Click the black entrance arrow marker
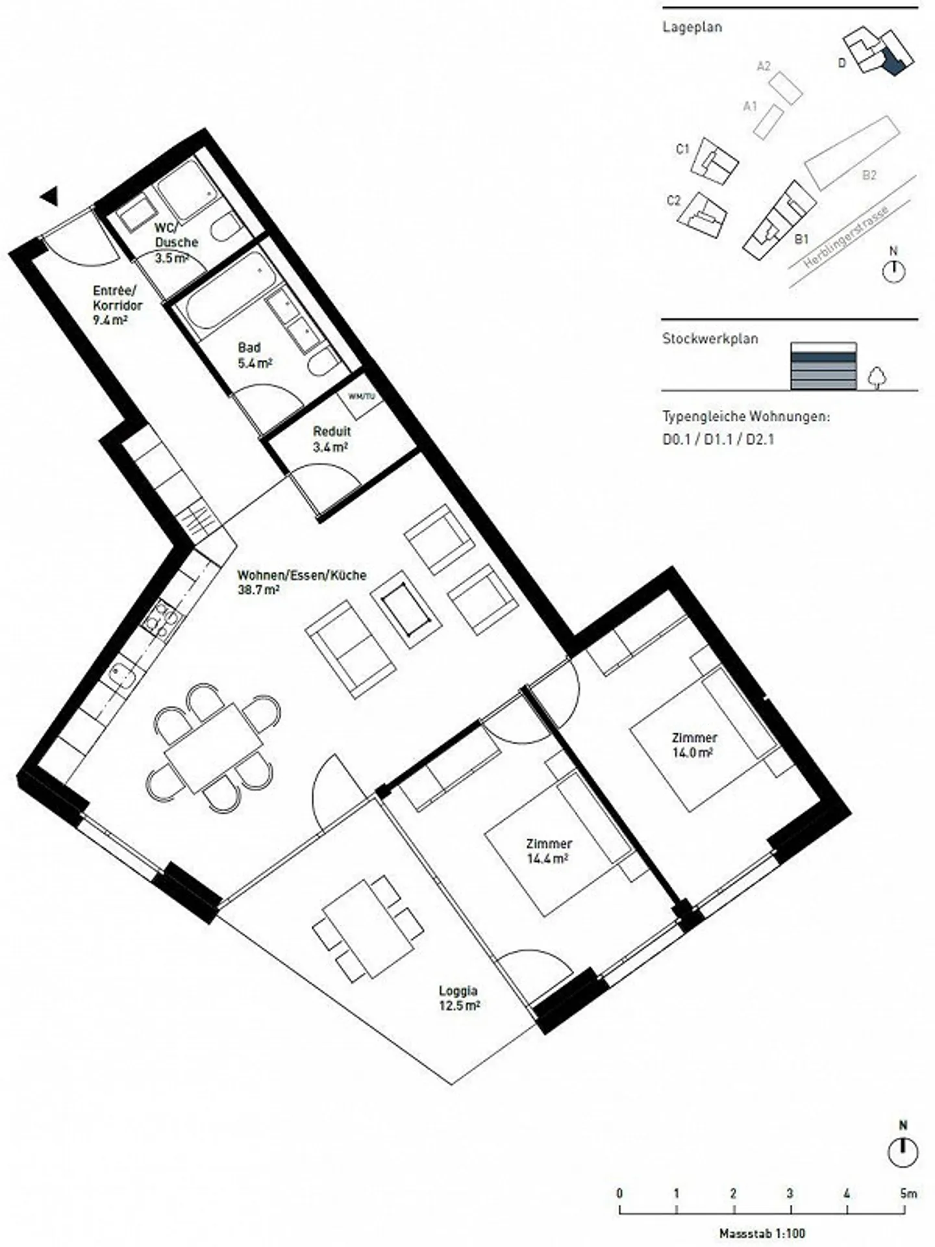pyautogui.click(x=50, y=196)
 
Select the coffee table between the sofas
pyautogui.click(x=406, y=605)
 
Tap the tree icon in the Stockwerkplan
pyautogui.click(x=877, y=377)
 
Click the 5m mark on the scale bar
pyautogui.click(x=907, y=1193)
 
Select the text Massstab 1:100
pyautogui.click(x=762, y=1233)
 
